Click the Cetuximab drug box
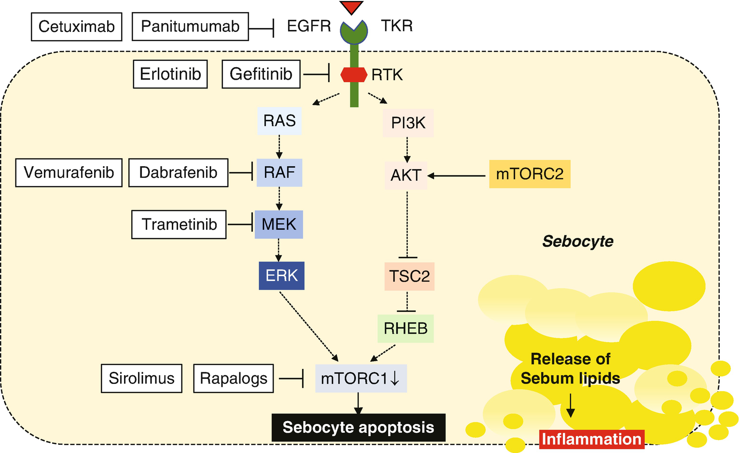click(x=76, y=27)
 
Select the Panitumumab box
click(x=190, y=27)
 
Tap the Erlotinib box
click(x=170, y=74)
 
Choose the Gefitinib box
click(x=261, y=74)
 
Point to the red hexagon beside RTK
click(x=354, y=75)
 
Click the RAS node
click(x=279, y=120)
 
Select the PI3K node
click(x=408, y=123)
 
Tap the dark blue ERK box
click(x=282, y=276)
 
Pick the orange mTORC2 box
click(x=530, y=174)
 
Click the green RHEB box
click(x=406, y=328)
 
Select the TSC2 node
click(x=409, y=276)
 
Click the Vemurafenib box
click(x=69, y=172)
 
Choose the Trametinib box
click(x=179, y=225)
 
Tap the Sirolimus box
click(x=141, y=378)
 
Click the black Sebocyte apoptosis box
click(x=358, y=427)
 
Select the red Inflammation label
click(x=591, y=439)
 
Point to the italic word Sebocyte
click(x=577, y=241)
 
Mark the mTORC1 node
click(x=360, y=378)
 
